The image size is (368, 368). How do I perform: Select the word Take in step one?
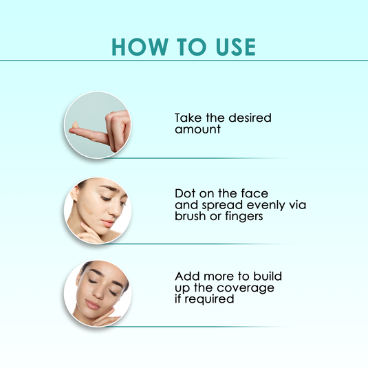pos(186,118)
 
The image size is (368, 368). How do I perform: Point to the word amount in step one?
pos(197,129)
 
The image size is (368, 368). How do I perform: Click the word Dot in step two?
pos(184,193)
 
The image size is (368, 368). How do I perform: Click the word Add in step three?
pos(186,276)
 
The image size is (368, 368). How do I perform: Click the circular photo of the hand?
pos(96,125)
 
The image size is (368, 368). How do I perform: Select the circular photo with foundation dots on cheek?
pos(96,209)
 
